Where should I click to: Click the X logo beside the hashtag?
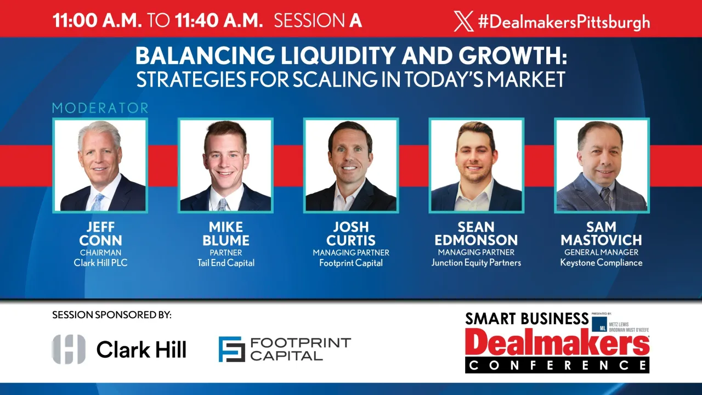click(x=463, y=21)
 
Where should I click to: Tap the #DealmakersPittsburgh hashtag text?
click(x=564, y=22)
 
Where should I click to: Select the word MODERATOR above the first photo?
click(x=100, y=108)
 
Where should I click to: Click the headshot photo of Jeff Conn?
click(x=100, y=165)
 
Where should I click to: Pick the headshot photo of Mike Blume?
click(x=225, y=165)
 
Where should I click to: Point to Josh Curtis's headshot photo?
click(x=351, y=165)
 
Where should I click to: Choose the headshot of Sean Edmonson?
click(x=476, y=165)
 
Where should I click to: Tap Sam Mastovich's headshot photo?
click(x=602, y=165)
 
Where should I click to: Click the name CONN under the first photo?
click(x=100, y=240)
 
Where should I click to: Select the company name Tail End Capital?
click(x=226, y=263)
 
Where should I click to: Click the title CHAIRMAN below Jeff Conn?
click(x=100, y=252)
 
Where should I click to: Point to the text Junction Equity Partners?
click(x=476, y=263)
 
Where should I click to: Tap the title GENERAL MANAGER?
click(x=601, y=252)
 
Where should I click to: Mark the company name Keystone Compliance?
click(x=601, y=263)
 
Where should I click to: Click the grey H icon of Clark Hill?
click(x=69, y=349)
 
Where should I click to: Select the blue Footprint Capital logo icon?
click(x=231, y=349)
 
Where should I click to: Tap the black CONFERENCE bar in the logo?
click(x=557, y=365)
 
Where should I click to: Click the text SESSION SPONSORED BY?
click(x=112, y=315)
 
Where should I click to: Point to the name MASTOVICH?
click(x=601, y=240)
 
